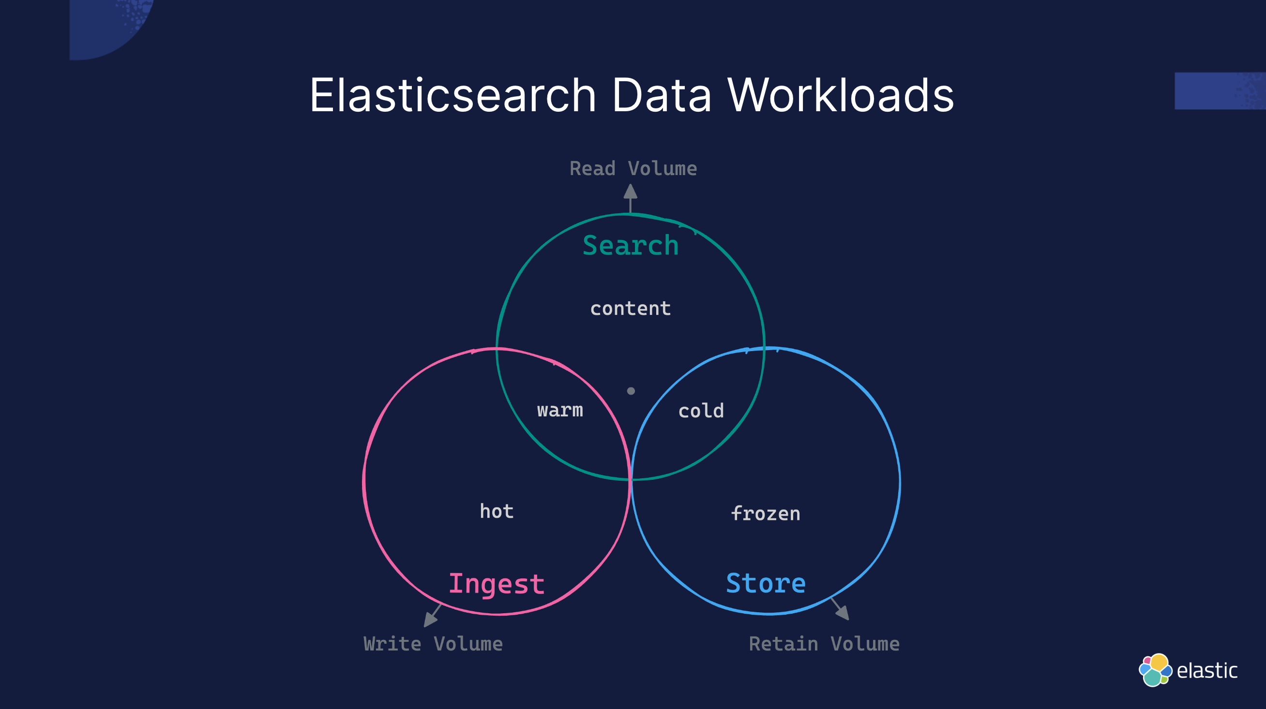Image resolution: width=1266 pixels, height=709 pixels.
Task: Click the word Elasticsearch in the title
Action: click(x=452, y=95)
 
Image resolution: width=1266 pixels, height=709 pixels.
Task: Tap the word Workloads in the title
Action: click(x=841, y=95)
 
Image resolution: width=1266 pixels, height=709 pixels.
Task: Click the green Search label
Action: click(x=631, y=246)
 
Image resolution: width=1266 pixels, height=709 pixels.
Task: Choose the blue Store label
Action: click(x=766, y=583)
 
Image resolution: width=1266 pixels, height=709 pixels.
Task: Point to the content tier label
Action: click(x=631, y=309)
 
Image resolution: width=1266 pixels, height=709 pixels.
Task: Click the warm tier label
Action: click(x=560, y=410)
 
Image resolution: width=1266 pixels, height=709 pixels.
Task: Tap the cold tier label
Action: click(x=701, y=411)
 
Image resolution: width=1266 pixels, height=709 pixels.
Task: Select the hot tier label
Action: click(x=497, y=512)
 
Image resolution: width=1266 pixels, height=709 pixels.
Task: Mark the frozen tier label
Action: click(x=766, y=514)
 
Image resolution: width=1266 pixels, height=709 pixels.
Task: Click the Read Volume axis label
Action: click(x=633, y=169)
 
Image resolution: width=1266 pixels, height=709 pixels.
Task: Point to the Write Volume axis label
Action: click(x=433, y=644)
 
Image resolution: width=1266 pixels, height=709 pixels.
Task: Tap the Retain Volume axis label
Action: click(x=824, y=644)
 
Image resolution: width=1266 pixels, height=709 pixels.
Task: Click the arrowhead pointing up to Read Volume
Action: click(x=631, y=192)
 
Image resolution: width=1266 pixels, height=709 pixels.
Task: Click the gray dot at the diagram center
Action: click(x=631, y=391)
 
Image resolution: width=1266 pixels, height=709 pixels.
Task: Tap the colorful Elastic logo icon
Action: click(x=1155, y=670)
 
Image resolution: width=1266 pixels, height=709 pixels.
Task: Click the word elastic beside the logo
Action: click(x=1207, y=671)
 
